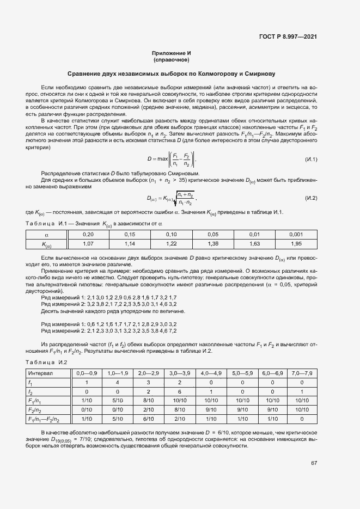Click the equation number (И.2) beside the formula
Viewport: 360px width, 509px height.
[310, 197]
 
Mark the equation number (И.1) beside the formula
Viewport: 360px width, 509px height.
[310, 160]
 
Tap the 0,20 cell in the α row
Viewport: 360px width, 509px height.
[88, 234]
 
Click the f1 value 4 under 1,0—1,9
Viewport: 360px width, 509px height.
[118, 382]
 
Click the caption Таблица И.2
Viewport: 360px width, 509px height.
[47, 362]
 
